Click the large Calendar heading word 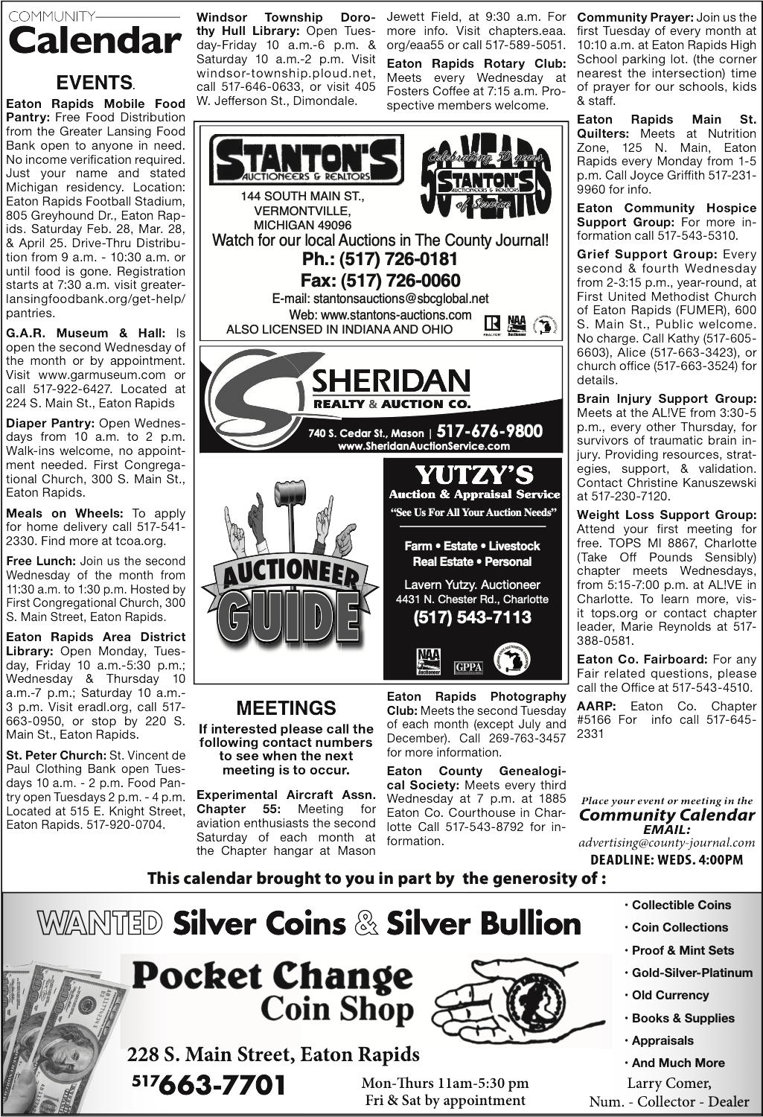pyautogui.click(x=94, y=42)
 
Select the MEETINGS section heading pyautogui.click(x=286, y=707)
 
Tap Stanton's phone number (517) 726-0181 pyautogui.click(x=380, y=260)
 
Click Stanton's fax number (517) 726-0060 pyautogui.click(x=380, y=281)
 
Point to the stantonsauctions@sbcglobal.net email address pyautogui.click(x=380, y=299)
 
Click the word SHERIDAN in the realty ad pyautogui.click(x=391, y=381)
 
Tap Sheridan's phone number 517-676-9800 pyautogui.click(x=490, y=431)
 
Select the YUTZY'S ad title pyautogui.click(x=473, y=474)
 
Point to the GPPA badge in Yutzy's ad pyautogui.click(x=468, y=666)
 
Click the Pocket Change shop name pyautogui.click(x=272, y=975)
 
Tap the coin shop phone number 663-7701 pyautogui.click(x=223, y=1084)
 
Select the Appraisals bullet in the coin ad pyautogui.click(x=662, y=1040)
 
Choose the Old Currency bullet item pyautogui.click(x=670, y=995)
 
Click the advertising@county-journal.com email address pyautogui.click(x=666, y=843)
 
